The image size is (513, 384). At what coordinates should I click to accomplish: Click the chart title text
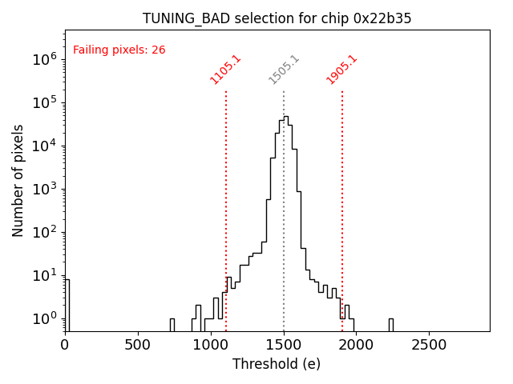pyautogui.click(x=277, y=18)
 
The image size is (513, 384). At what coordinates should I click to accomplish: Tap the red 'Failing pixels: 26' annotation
pyautogui.click(x=119, y=50)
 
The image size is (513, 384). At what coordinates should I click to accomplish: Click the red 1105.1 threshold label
pyautogui.click(x=225, y=70)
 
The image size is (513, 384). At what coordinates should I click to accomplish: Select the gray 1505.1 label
pyautogui.click(x=284, y=70)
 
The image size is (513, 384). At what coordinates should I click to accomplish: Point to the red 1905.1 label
pyautogui.click(x=341, y=70)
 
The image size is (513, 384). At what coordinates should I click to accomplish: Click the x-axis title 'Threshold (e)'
pyautogui.click(x=277, y=364)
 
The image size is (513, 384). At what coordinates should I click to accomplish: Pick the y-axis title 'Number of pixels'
pyautogui.click(x=18, y=180)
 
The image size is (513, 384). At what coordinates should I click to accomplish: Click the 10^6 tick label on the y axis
pyautogui.click(x=44, y=59)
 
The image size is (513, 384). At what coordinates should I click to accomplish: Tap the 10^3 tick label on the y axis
pyautogui.click(x=44, y=189)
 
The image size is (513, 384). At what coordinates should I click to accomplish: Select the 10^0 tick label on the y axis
pyautogui.click(x=44, y=319)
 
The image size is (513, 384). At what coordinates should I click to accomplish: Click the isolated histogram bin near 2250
pyautogui.click(x=391, y=324)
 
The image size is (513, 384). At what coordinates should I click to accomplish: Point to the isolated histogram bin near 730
pyautogui.click(x=172, y=324)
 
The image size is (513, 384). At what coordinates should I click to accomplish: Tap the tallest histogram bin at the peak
pyautogui.click(x=285, y=224)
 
